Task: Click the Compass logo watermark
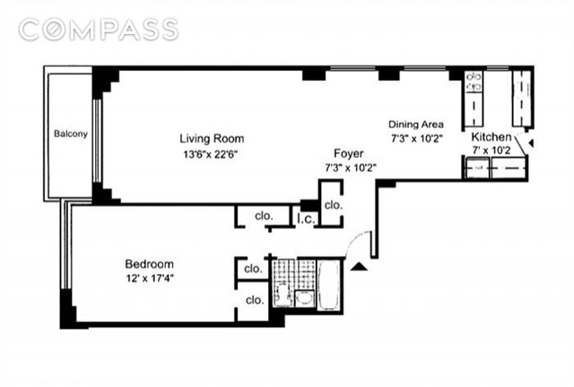pyautogui.click(x=99, y=30)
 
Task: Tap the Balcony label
pyautogui.click(x=71, y=133)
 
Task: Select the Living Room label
pyautogui.click(x=212, y=139)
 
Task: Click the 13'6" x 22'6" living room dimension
pyautogui.click(x=211, y=154)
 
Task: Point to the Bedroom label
pyautogui.click(x=150, y=263)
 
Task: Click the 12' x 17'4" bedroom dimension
pyautogui.click(x=150, y=279)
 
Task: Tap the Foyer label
pyautogui.click(x=349, y=153)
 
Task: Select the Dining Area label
pyautogui.click(x=416, y=125)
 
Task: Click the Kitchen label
pyautogui.click(x=491, y=137)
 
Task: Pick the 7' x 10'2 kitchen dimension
pyautogui.click(x=491, y=150)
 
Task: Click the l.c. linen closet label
pyautogui.click(x=306, y=219)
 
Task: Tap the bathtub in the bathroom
pyautogui.click(x=329, y=285)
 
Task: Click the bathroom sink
pyautogui.click(x=304, y=298)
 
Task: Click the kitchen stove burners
pyautogui.click(x=474, y=82)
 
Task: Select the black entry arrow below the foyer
pyautogui.click(x=359, y=267)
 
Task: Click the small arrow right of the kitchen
pyautogui.click(x=530, y=143)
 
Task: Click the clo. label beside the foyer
pyautogui.click(x=333, y=205)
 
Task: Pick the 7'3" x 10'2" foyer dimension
pyautogui.click(x=351, y=168)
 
